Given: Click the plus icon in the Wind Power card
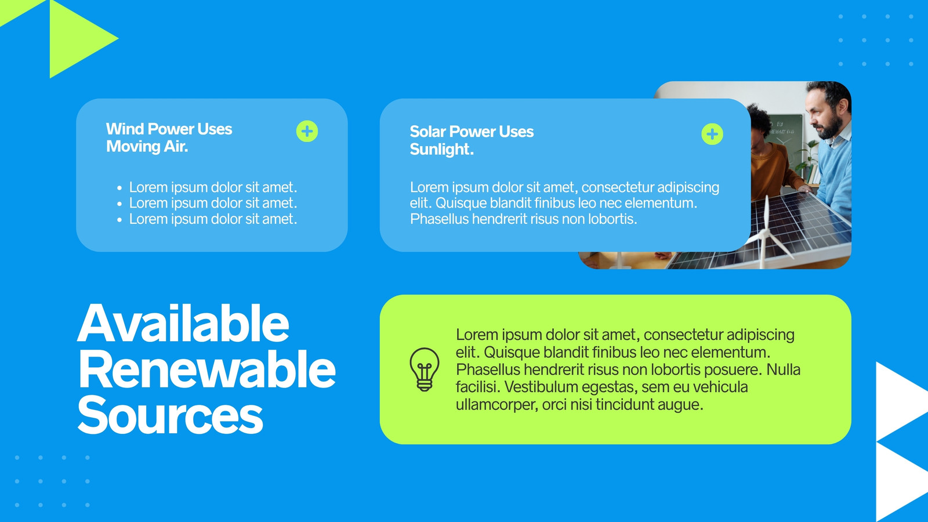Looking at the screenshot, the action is [307, 131].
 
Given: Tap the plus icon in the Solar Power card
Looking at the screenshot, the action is [712, 134].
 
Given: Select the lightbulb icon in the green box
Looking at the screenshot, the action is [424, 369].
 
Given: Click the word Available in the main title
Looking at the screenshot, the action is [183, 324].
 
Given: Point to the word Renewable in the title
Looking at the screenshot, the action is [206, 369].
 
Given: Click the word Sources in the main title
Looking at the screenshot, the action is [171, 414].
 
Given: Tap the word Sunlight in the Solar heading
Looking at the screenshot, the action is [441, 149].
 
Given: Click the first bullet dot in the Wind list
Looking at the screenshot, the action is [119, 188].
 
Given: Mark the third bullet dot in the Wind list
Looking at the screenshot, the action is [119, 220].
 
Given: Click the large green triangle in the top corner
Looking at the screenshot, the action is [84, 38].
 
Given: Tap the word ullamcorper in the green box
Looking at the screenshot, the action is [495, 405].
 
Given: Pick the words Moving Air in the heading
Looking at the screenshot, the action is [147, 146].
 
